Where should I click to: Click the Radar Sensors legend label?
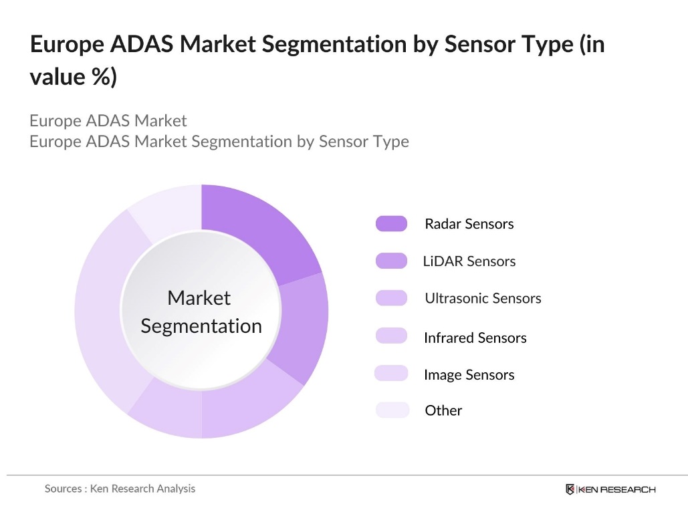tap(469, 224)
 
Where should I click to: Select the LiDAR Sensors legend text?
tap(469, 261)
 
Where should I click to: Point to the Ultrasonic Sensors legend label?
tap(483, 298)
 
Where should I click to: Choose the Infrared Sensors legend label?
tap(475, 338)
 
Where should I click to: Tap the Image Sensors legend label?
tap(469, 375)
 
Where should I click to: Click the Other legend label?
tap(443, 410)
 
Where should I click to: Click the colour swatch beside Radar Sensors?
tap(391, 224)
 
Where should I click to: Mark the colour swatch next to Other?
tap(391, 410)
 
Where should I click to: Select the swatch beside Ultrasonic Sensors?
tap(391, 298)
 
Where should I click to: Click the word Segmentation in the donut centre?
tap(201, 326)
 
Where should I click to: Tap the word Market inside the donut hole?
tap(199, 297)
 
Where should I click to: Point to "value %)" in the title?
tap(73, 77)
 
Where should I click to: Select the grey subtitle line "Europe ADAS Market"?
tap(108, 121)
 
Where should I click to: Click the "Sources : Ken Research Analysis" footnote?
tap(120, 489)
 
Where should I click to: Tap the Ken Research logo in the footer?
tap(610, 489)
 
